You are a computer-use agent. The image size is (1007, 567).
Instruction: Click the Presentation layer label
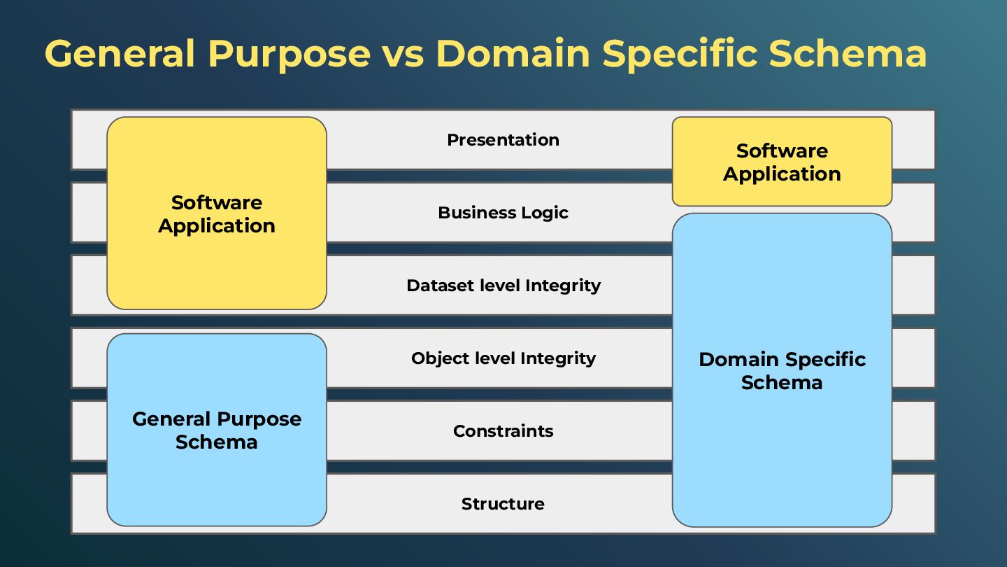503,140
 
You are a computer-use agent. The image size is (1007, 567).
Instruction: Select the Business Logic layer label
503,213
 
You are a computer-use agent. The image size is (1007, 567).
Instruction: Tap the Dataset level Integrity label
503,286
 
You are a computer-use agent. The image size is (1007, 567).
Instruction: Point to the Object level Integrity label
503,358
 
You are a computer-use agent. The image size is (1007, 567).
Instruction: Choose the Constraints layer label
503,431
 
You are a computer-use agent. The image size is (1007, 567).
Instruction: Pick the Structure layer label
503,504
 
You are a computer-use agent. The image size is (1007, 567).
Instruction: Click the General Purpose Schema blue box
217,430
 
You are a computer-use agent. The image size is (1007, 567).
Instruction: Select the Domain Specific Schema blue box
782,370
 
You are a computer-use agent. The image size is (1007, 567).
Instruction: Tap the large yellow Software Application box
217,213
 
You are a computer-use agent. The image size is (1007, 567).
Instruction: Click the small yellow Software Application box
782,162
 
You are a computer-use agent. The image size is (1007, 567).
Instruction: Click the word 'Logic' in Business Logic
545,213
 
